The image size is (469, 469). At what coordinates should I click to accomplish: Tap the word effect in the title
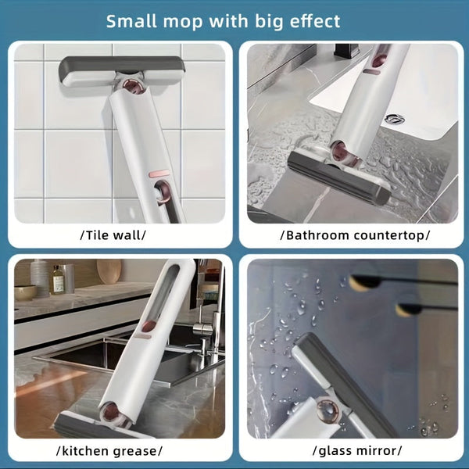(312, 20)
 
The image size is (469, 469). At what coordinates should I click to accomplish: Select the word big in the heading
(263, 20)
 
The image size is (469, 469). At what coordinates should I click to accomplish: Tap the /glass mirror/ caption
(356, 450)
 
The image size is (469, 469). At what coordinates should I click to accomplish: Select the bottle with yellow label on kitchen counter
(58, 279)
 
